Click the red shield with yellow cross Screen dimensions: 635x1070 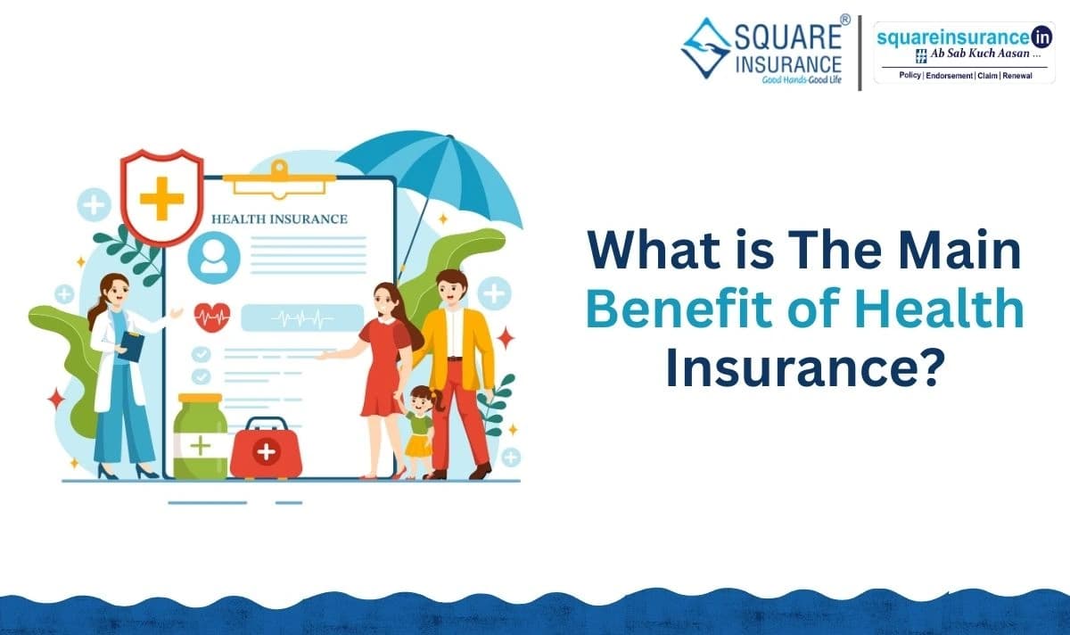pyautogui.click(x=161, y=196)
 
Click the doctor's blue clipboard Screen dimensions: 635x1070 pyautogui.click(x=130, y=344)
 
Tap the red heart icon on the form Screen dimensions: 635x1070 pyautogui.click(x=212, y=316)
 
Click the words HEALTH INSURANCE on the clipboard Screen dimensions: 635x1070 pyautogui.click(x=279, y=219)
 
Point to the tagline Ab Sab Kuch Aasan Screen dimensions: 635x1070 pyautogui.click(x=971, y=55)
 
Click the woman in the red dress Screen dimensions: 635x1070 pyautogui.click(x=383, y=366)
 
